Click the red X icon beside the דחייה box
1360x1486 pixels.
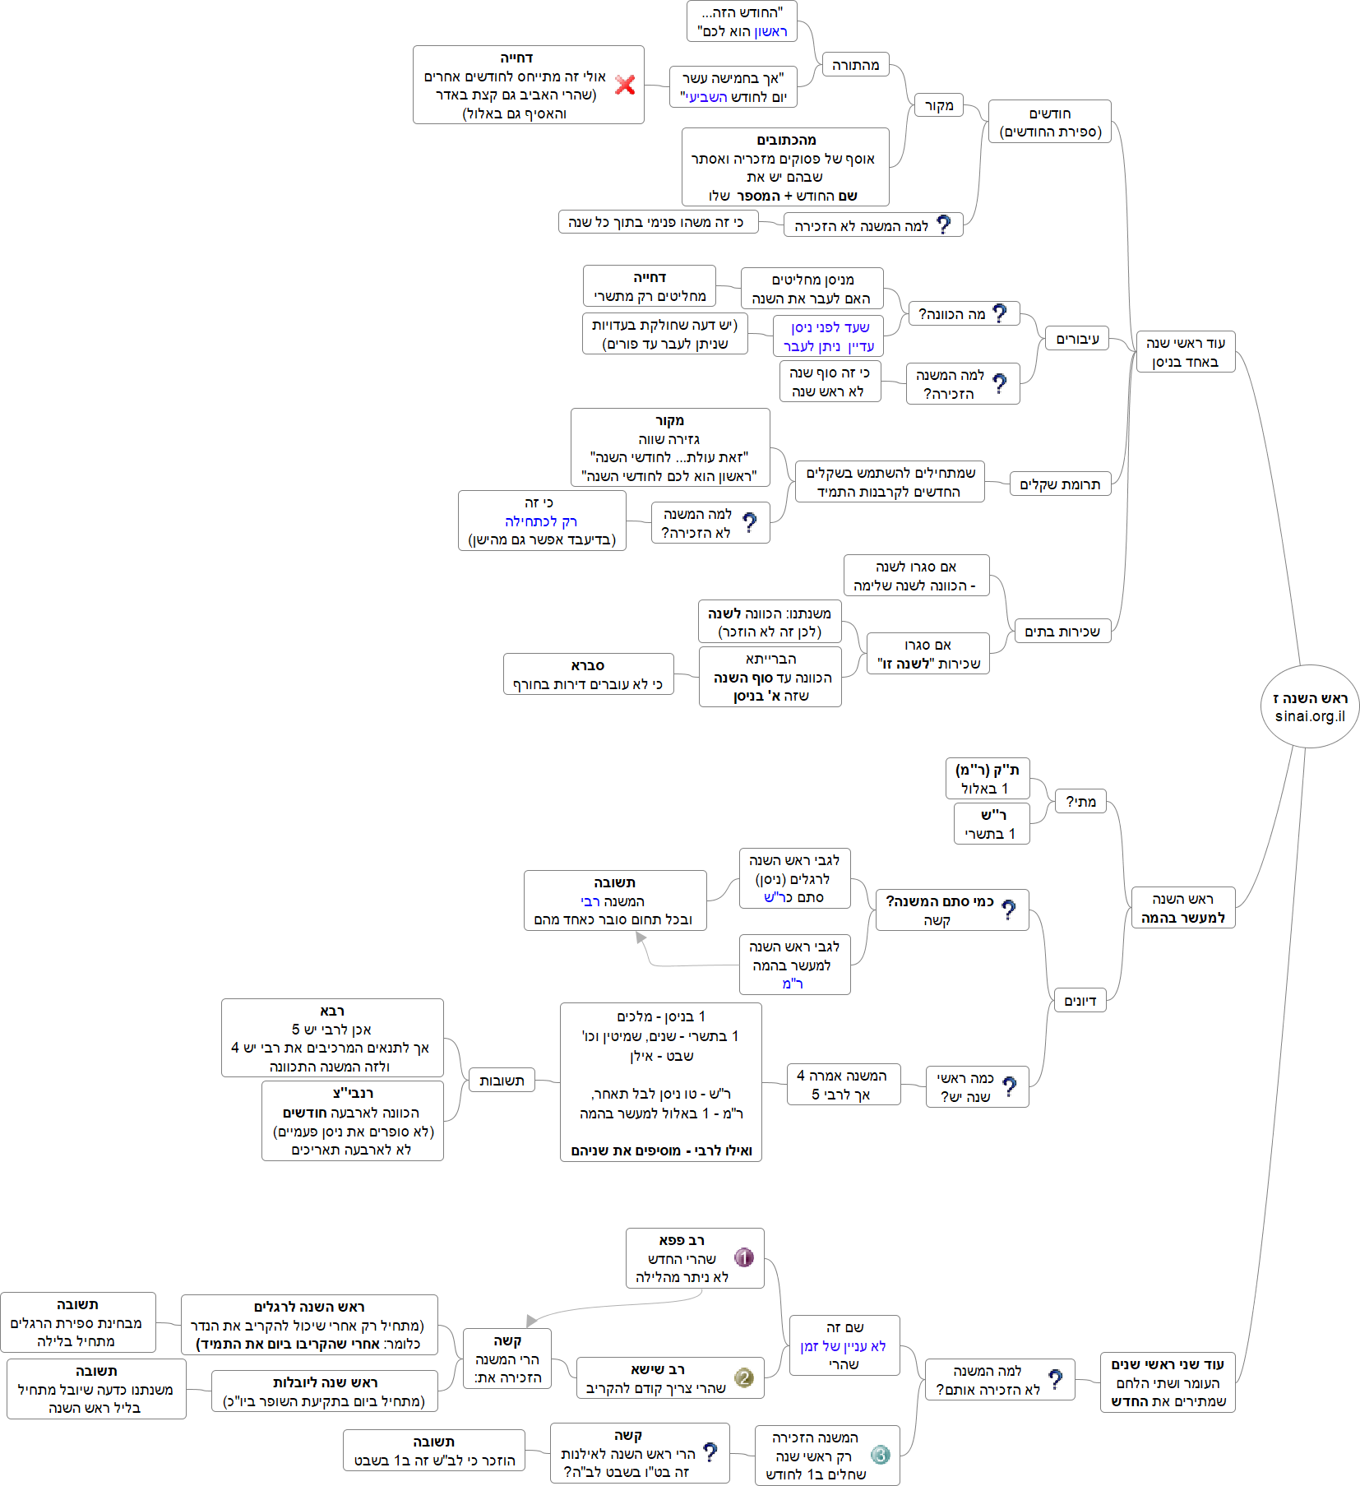(x=625, y=85)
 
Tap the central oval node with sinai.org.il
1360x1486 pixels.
(x=1310, y=706)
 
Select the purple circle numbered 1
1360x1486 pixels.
(x=743, y=1257)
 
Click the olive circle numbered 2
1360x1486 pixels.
(x=743, y=1377)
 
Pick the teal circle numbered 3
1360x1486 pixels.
(x=880, y=1455)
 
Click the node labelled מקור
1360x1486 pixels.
(x=938, y=106)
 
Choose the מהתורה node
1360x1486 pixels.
(x=855, y=65)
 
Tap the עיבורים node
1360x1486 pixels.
(x=1076, y=339)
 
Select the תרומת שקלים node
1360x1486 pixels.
(x=1059, y=484)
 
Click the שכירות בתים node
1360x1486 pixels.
(x=1062, y=631)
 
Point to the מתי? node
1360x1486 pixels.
(x=1080, y=802)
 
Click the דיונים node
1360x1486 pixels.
(x=1080, y=1001)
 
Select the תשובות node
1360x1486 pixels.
(x=502, y=1081)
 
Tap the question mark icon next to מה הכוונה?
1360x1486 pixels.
(x=999, y=313)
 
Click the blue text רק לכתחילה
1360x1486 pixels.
(x=541, y=521)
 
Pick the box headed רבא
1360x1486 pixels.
(x=332, y=1038)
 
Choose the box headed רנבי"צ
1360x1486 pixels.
(x=352, y=1121)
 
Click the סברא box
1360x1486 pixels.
(x=588, y=674)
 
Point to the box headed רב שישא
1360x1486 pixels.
(x=669, y=1377)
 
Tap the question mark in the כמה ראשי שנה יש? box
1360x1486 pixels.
(x=1010, y=1086)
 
